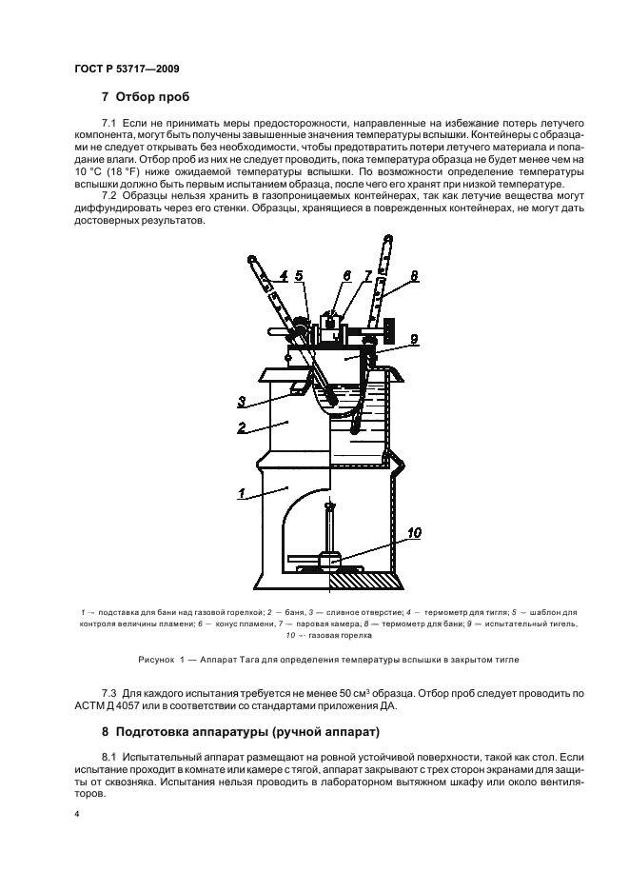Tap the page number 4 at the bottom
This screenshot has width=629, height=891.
[77, 815]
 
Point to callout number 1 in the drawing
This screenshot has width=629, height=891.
[244, 494]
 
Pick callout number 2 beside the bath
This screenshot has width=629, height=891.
[244, 428]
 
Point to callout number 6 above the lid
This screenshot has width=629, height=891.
[345, 276]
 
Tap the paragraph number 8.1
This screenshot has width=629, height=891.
[124, 757]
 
